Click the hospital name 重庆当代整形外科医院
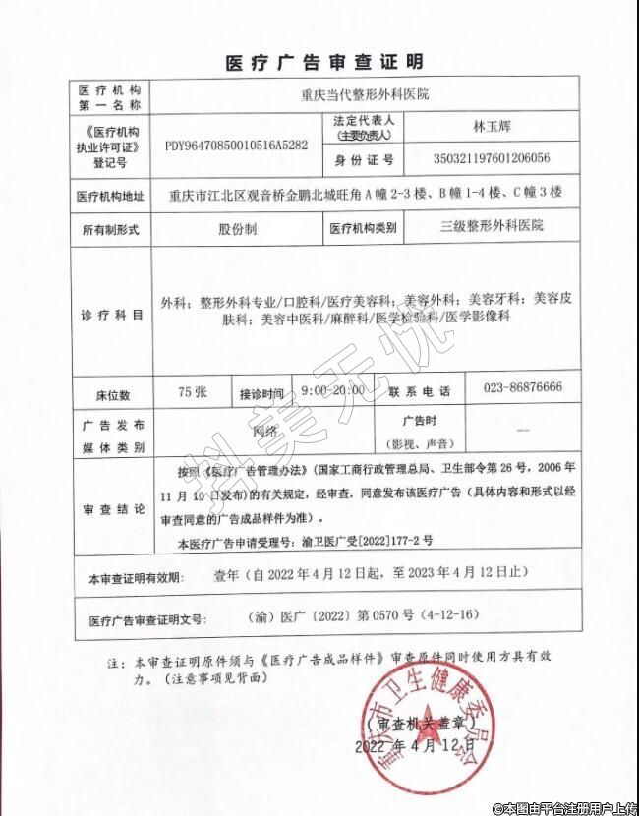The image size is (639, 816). coord(365,97)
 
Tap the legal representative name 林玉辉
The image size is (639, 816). coord(492,127)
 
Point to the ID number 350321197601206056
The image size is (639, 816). coord(492,158)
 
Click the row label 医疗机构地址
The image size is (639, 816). coord(109,195)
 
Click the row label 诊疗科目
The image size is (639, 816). coord(110,314)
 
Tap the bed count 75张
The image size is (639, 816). coord(193,390)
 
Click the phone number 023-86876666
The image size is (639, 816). coord(522,388)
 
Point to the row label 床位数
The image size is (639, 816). coord(110,392)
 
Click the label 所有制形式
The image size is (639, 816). coord(110,229)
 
